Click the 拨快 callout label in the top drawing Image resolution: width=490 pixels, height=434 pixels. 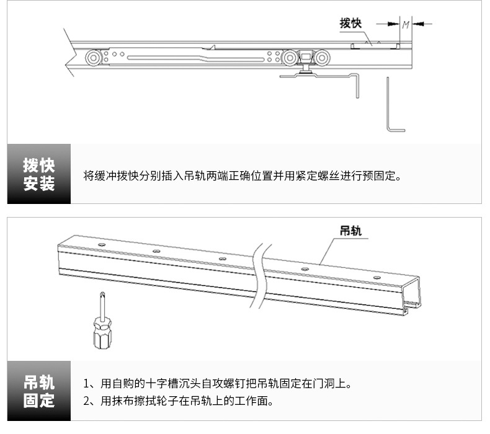point(350,24)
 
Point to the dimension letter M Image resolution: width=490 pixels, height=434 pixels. point(406,25)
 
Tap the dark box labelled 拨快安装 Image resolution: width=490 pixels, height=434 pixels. point(39,174)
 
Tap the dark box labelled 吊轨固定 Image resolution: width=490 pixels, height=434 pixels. point(39,391)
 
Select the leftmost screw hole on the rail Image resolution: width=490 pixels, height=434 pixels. point(101,246)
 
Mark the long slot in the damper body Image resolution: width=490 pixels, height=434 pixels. point(164,58)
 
